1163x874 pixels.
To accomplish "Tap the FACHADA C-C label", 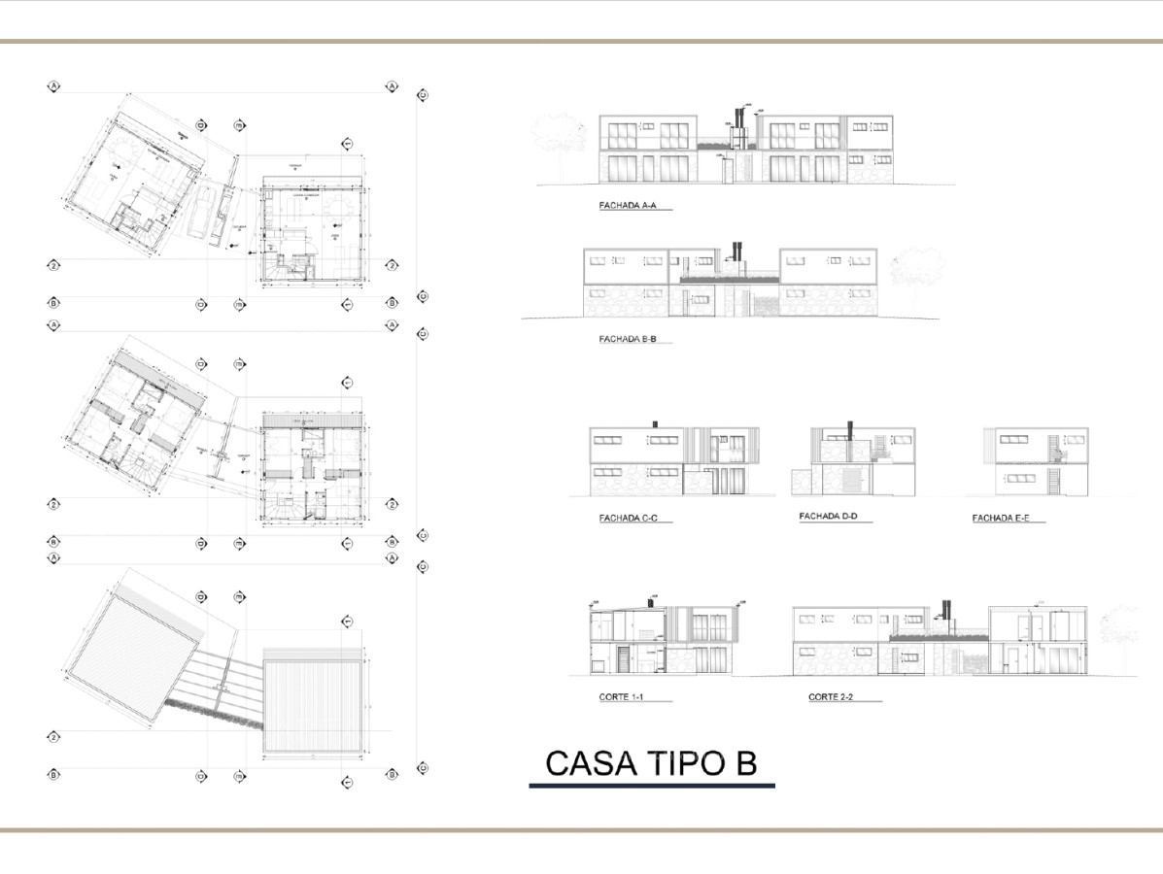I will click(629, 519).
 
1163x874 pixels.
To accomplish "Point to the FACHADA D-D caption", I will click(827, 517).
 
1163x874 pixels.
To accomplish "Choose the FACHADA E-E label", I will click(1001, 519).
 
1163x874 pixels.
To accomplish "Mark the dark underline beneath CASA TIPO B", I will click(652, 784).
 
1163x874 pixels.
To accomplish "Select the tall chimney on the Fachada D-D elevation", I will click(850, 433).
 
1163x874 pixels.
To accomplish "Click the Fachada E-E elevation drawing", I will click(1036, 462).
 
